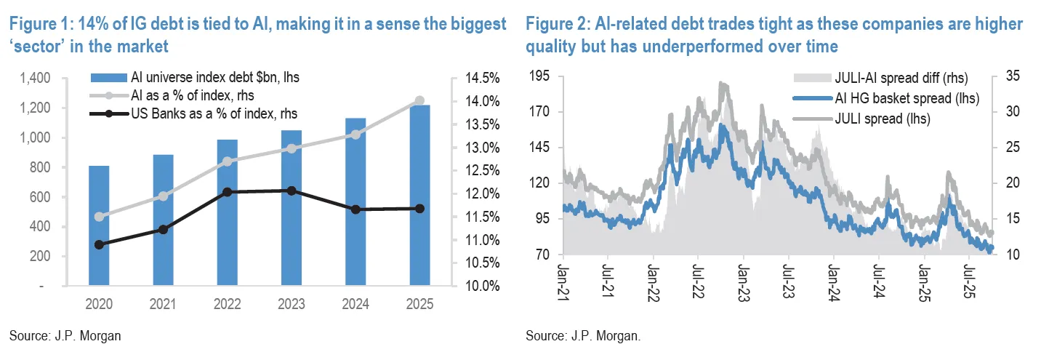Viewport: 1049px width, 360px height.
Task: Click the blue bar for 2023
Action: pyautogui.click(x=291, y=208)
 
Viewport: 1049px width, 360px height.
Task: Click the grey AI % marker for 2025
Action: pyautogui.click(x=419, y=101)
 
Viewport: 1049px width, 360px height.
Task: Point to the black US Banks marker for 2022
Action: pyautogui.click(x=227, y=192)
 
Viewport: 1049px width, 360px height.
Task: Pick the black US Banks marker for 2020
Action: pyautogui.click(x=99, y=244)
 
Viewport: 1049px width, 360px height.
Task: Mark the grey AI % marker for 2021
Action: pyautogui.click(x=163, y=196)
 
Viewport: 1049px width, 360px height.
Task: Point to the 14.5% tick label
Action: pyautogui.click(x=479, y=78)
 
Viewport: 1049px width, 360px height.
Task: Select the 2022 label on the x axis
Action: pyautogui.click(x=227, y=305)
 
